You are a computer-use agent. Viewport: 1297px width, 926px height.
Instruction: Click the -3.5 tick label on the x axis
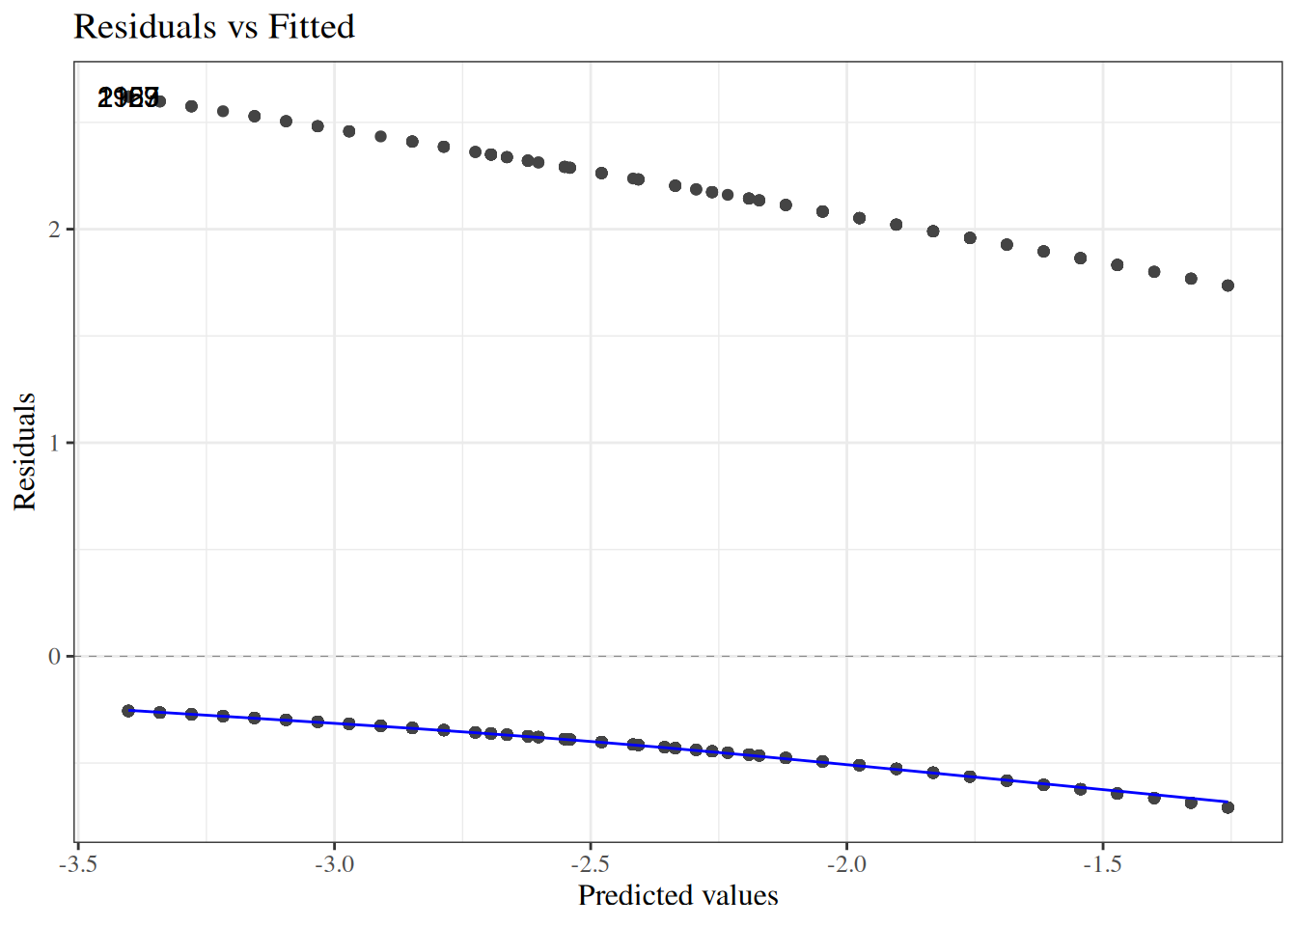coord(79,863)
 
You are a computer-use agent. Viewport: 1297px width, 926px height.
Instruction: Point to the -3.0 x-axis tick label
coord(334,863)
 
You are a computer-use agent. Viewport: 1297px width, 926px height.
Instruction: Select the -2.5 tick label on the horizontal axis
coord(591,863)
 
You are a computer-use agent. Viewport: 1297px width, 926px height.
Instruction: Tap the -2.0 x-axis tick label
coord(846,863)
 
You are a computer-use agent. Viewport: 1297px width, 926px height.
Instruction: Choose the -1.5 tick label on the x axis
coord(1102,863)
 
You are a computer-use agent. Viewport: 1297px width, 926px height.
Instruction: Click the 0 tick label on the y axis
coord(54,657)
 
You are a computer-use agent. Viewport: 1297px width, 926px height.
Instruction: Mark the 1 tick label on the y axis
coord(54,444)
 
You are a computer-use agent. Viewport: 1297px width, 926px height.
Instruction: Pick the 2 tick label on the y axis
coord(54,230)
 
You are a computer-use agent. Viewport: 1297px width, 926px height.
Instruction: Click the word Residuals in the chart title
coord(146,27)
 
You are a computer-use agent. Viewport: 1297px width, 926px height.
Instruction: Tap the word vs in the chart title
coord(242,27)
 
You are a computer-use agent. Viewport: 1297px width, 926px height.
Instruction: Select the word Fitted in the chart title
coord(311,27)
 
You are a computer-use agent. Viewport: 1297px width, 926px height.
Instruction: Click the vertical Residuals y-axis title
coord(25,451)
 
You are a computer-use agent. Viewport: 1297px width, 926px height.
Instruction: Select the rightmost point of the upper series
coord(1228,286)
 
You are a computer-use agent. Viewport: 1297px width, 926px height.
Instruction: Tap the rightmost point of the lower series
coord(1228,807)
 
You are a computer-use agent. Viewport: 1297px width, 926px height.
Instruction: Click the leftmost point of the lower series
coord(128,711)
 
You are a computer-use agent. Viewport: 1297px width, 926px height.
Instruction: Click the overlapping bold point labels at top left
coord(128,97)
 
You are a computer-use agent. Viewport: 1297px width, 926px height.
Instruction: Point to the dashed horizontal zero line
coord(676,656)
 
